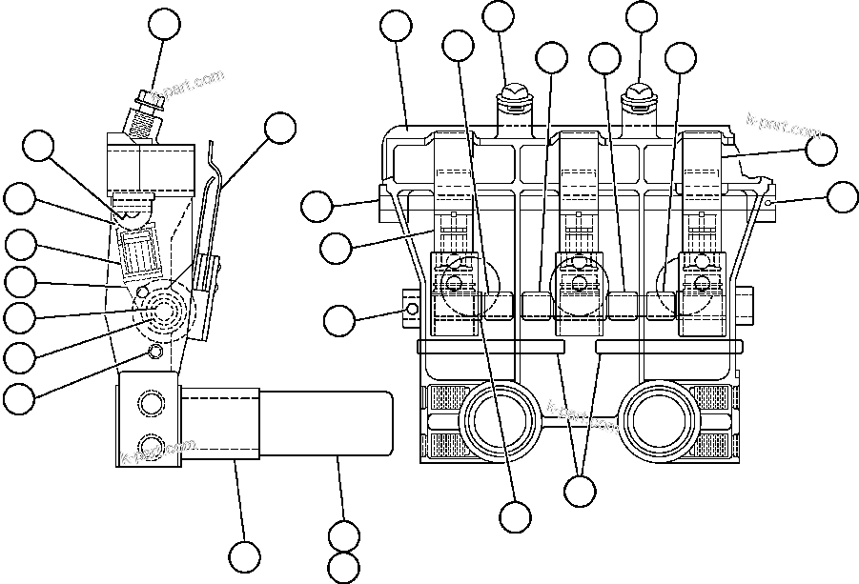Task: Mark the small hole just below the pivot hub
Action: coord(156,354)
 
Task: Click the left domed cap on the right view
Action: coord(513,93)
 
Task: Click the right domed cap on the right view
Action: coord(636,93)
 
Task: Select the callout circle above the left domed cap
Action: coord(499,17)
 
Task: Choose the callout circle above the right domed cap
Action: coord(640,17)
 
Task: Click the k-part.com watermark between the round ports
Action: coord(575,413)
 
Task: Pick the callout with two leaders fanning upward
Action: coord(580,491)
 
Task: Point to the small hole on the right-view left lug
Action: coord(411,310)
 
